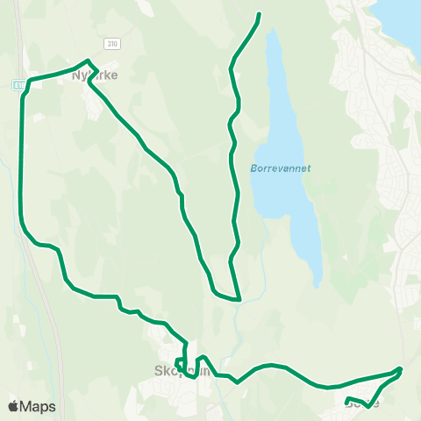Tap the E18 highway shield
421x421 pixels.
coord(18,84)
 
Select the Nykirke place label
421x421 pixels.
coord(93,75)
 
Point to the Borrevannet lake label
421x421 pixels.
coord(281,168)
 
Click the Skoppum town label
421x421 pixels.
coord(182,370)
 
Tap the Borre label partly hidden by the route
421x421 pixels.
coord(362,403)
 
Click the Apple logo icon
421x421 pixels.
coord(13,406)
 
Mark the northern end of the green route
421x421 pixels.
coord(259,15)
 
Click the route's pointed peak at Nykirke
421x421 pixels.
coord(86,61)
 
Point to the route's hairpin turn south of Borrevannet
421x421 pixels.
coord(238,298)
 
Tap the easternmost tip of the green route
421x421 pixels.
coord(401,369)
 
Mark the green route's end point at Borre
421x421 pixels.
coord(348,401)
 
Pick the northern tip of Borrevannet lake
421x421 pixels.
coord(274,32)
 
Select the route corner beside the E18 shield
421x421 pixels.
coord(29,81)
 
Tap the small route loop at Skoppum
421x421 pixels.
coord(181,361)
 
